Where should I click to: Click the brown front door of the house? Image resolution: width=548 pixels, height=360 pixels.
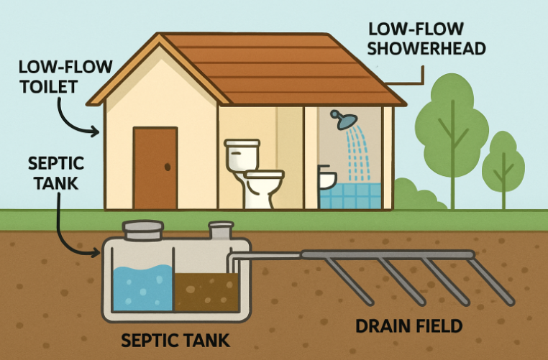pyautogui.click(x=155, y=168)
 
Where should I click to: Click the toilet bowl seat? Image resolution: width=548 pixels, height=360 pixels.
pyautogui.click(x=263, y=175)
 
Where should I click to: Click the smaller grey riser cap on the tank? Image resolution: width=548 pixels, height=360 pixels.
pyautogui.click(x=220, y=231)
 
